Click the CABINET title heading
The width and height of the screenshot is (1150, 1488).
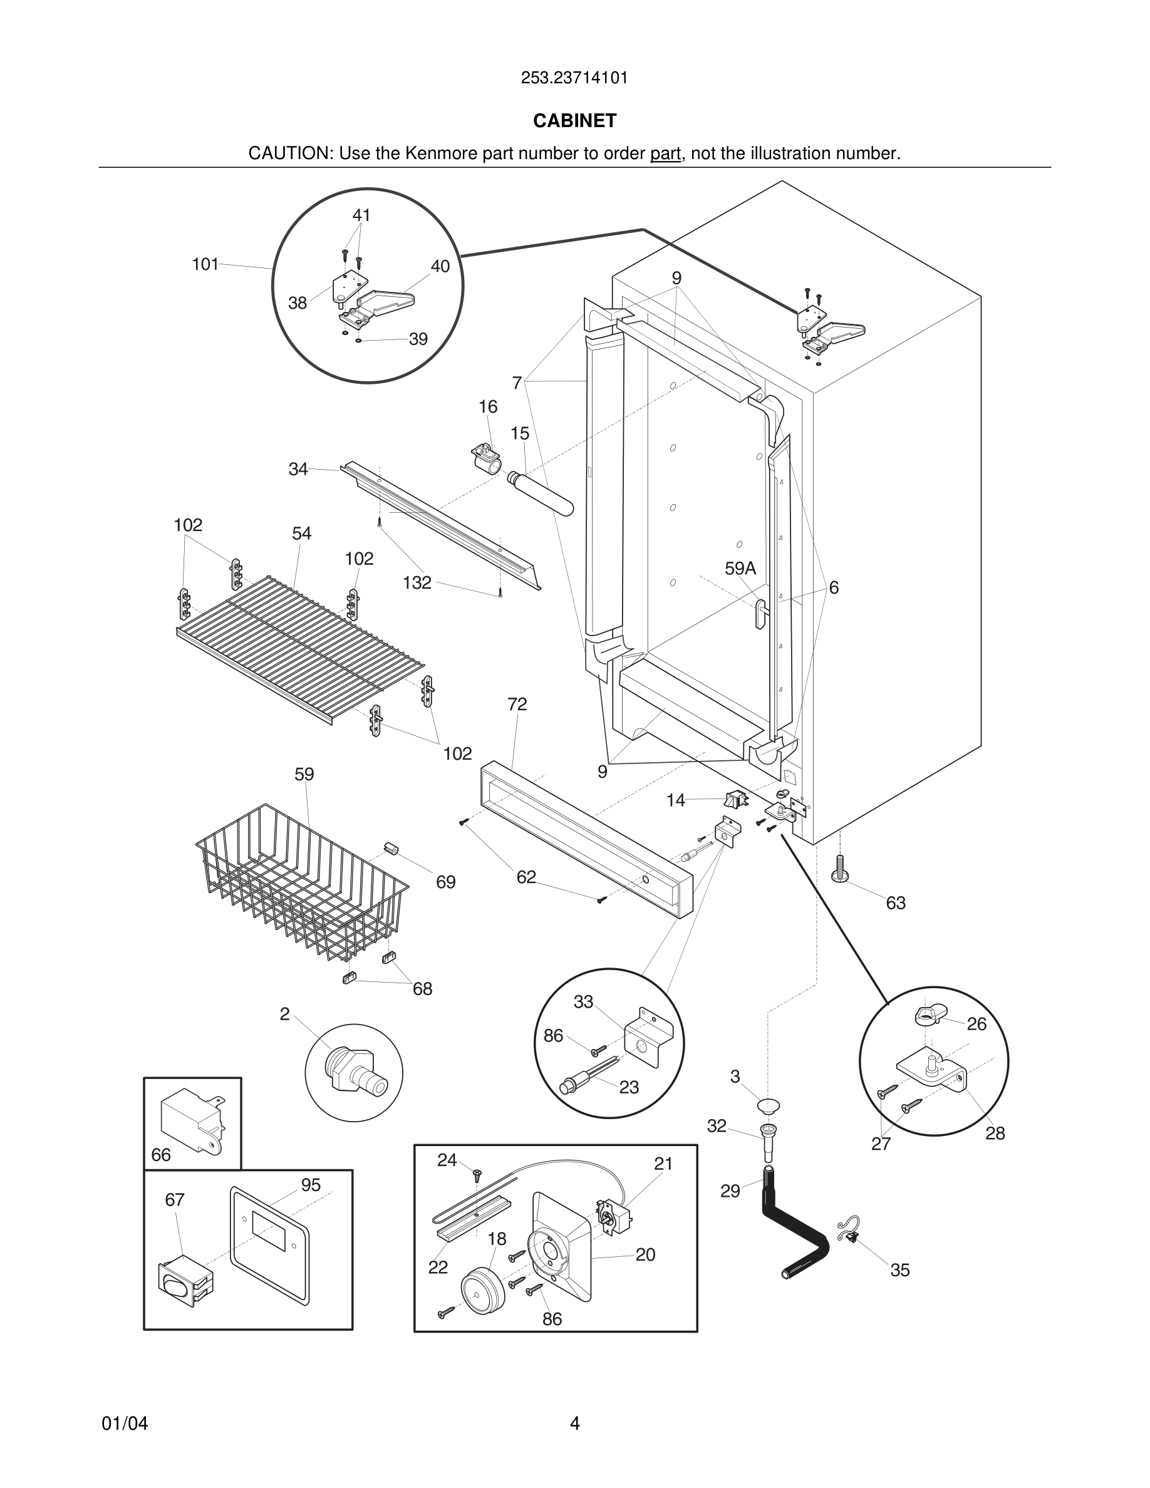click(x=574, y=121)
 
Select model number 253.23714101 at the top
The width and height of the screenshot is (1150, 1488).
click(x=574, y=78)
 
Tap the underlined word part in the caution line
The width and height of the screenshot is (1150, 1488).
click(x=665, y=154)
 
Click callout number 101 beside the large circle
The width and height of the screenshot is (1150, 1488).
click(x=205, y=264)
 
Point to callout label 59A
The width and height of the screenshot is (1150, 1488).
click(x=740, y=569)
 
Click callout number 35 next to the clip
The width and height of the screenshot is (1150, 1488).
click(x=899, y=1270)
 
